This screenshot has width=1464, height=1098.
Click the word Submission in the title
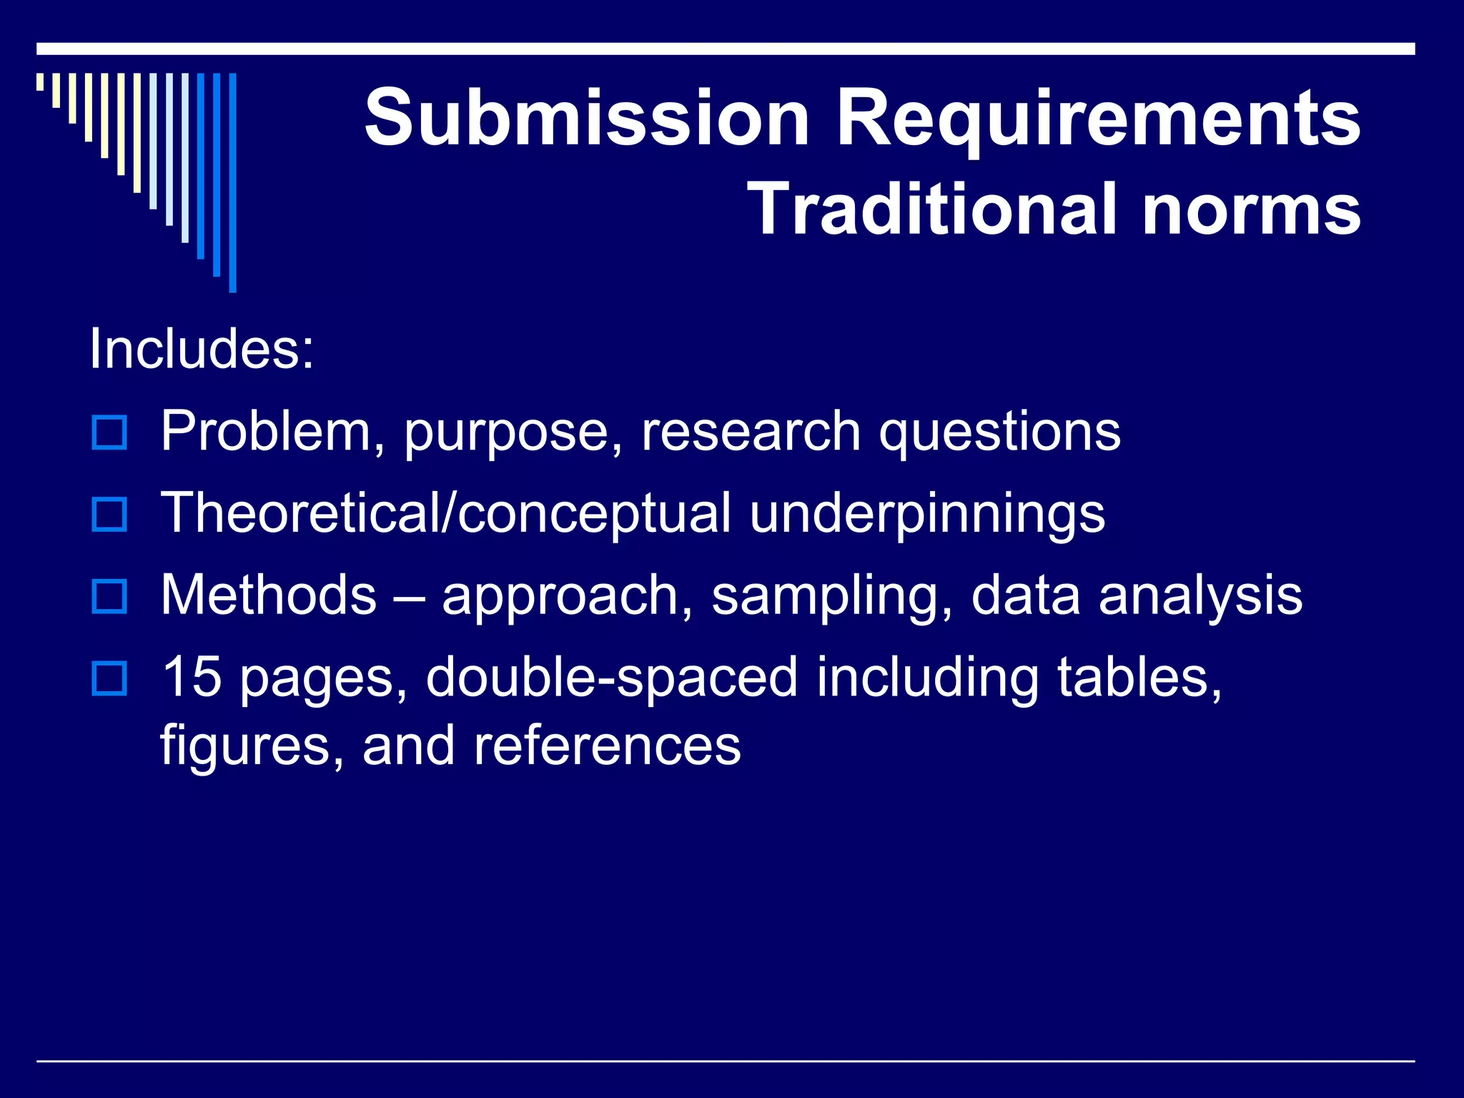click(x=587, y=117)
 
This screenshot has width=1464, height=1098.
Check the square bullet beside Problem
click(x=109, y=432)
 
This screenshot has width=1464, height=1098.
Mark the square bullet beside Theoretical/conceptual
click(x=109, y=515)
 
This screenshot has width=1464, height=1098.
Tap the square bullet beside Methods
click(x=109, y=597)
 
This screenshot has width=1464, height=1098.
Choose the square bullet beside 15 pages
click(x=109, y=679)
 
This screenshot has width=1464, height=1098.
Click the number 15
click(x=191, y=676)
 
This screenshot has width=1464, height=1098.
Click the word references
click(x=607, y=745)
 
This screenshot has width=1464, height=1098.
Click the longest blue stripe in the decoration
click(x=232, y=182)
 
